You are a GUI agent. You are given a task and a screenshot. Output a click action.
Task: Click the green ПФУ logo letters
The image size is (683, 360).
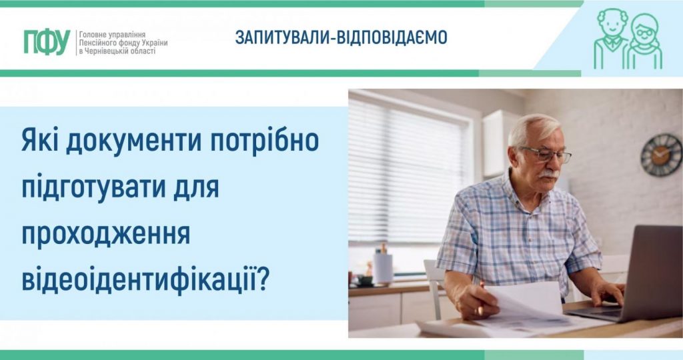[x=47, y=41]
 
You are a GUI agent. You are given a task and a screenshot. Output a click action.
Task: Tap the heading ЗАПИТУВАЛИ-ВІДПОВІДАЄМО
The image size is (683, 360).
[x=341, y=38]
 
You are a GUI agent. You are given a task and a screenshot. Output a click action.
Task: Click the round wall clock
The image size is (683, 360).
[x=661, y=155]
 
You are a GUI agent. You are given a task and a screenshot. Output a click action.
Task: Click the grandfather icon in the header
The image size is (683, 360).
[x=612, y=39]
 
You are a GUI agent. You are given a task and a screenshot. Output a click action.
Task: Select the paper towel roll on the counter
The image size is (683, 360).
[x=383, y=267]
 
